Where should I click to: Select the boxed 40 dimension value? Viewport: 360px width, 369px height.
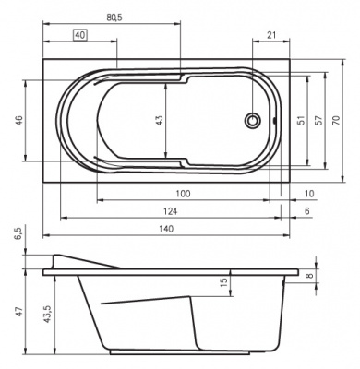80,35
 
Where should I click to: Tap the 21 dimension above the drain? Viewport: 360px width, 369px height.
270,35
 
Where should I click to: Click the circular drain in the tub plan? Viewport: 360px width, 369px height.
252,120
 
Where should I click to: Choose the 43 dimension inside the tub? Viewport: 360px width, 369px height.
159,120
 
